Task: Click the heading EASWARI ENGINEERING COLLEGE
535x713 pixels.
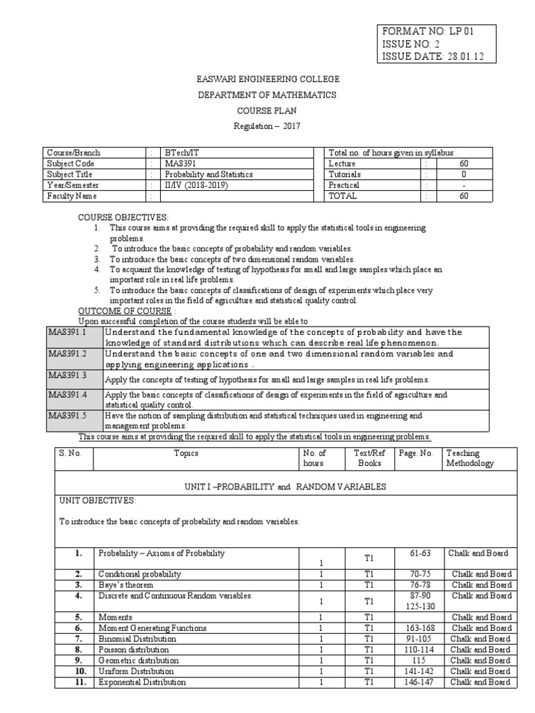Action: point(268,79)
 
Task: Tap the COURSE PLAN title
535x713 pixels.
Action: point(268,110)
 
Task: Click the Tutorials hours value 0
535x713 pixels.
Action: point(464,174)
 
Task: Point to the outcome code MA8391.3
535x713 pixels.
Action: point(67,375)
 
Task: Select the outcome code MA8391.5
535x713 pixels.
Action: point(67,416)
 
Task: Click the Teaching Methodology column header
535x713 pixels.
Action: point(470,458)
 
